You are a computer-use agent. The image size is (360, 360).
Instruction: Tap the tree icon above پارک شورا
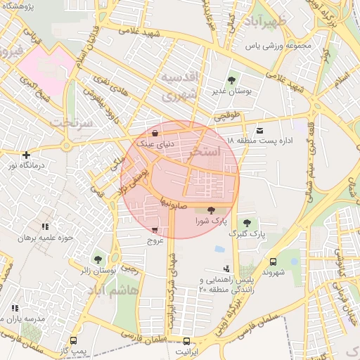click(212, 210)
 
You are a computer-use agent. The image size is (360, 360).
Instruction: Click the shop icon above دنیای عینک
click(155, 132)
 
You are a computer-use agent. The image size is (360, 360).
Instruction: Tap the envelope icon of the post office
click(260, 131)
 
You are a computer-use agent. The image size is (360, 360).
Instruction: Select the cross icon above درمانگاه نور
click(27, 155)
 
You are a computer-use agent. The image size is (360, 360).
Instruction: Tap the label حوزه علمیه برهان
click(46, 238)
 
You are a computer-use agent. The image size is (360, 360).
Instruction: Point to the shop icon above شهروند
click(273, 261)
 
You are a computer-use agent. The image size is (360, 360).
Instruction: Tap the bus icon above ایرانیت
click(186, 340)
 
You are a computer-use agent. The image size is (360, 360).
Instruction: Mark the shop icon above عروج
click(155, 229)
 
